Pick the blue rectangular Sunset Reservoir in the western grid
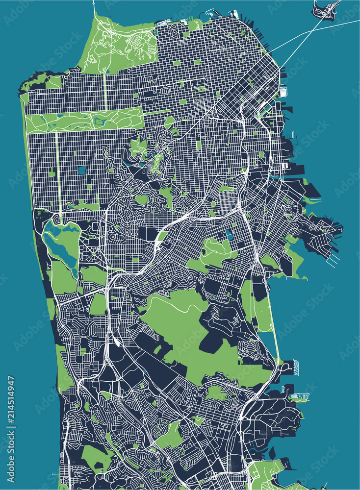tap(81, 170)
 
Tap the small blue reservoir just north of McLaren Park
tap(230, 235)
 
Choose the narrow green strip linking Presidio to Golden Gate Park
tap(106, 91)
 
